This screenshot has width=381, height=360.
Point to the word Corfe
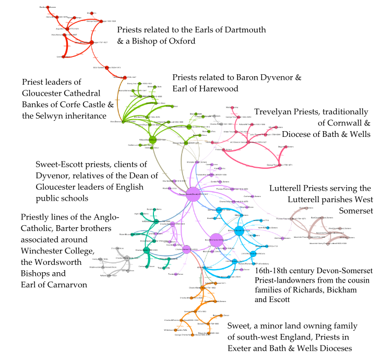(x=74, y=104)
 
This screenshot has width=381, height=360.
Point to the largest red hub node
(x=92, y=42)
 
